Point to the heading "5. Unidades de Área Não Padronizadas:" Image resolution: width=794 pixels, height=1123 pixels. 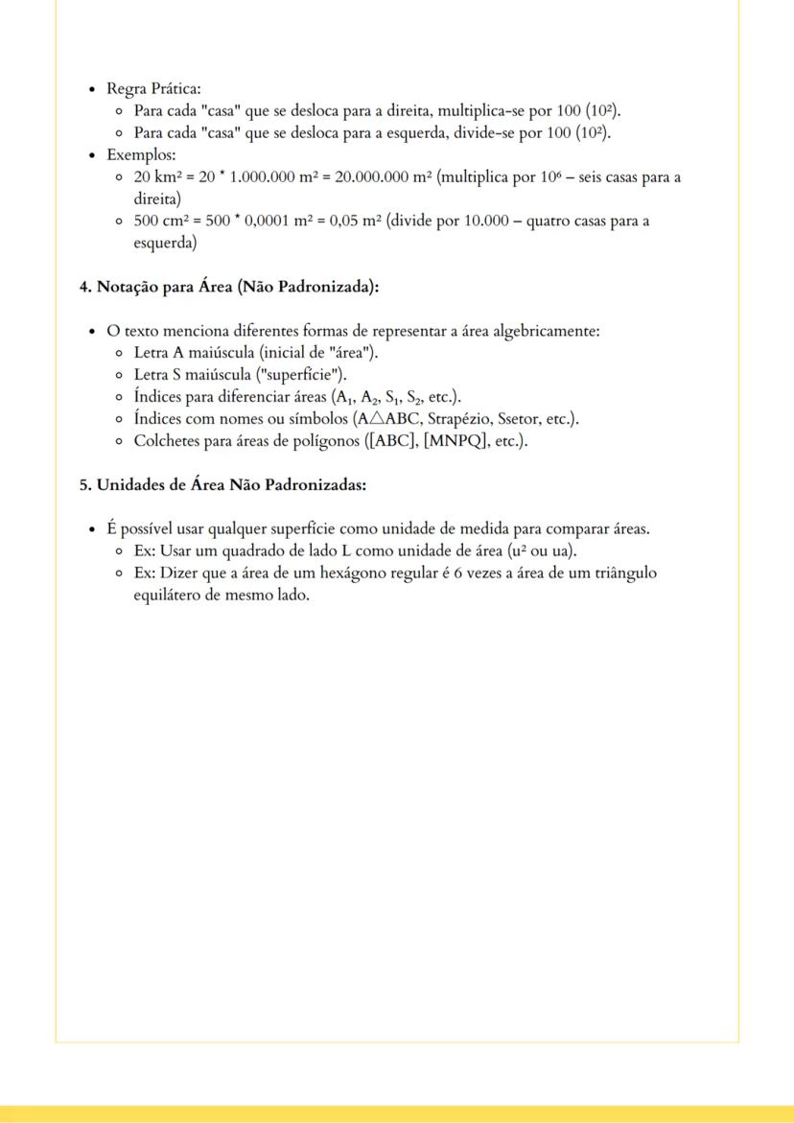[222, 484]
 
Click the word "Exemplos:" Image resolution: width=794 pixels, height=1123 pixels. [134, 154]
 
